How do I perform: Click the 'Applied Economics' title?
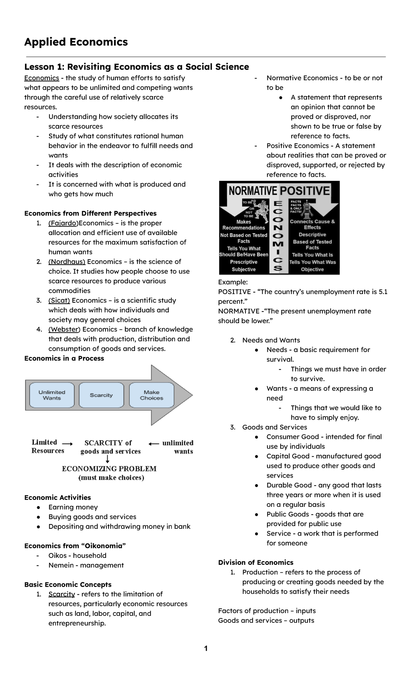pyautogui.click(x=76, y=42)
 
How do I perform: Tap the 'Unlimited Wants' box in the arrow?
pyautogui.click(x=52, y=395)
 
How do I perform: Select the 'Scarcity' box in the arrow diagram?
pyautogui.click(x=101, y=395)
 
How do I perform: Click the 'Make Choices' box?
pyautogui.click(x=151, y=395)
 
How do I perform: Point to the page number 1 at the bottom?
pyautogui.click(x=206, y=648)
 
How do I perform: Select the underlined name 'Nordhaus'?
pyautogui.click(x=67, y=261)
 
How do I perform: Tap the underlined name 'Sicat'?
pyautogui.click(x=59, y=300)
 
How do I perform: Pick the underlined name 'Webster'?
pyautogui.click(x=64, y=329)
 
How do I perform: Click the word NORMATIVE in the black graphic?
pyautogui.click(x=253, y=191)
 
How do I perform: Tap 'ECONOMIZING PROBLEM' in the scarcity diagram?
pyautogui.click(x=109, y=469)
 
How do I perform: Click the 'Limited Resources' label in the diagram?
pyautogui.click(x=48, y=446)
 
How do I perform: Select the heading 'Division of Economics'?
pyautogui.click(x=256, y=562)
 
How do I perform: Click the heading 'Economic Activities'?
pyautogui.click(x=58, y=498)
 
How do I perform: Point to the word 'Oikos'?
pyautogui.click(x=58, y=555)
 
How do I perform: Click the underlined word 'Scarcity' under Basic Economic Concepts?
pyautogui.click(x=62, y=594)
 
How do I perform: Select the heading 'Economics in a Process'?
pyautogui.click(x=64, y=358)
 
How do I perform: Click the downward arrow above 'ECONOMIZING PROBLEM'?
pyautogui.click(x=107, y=459)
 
